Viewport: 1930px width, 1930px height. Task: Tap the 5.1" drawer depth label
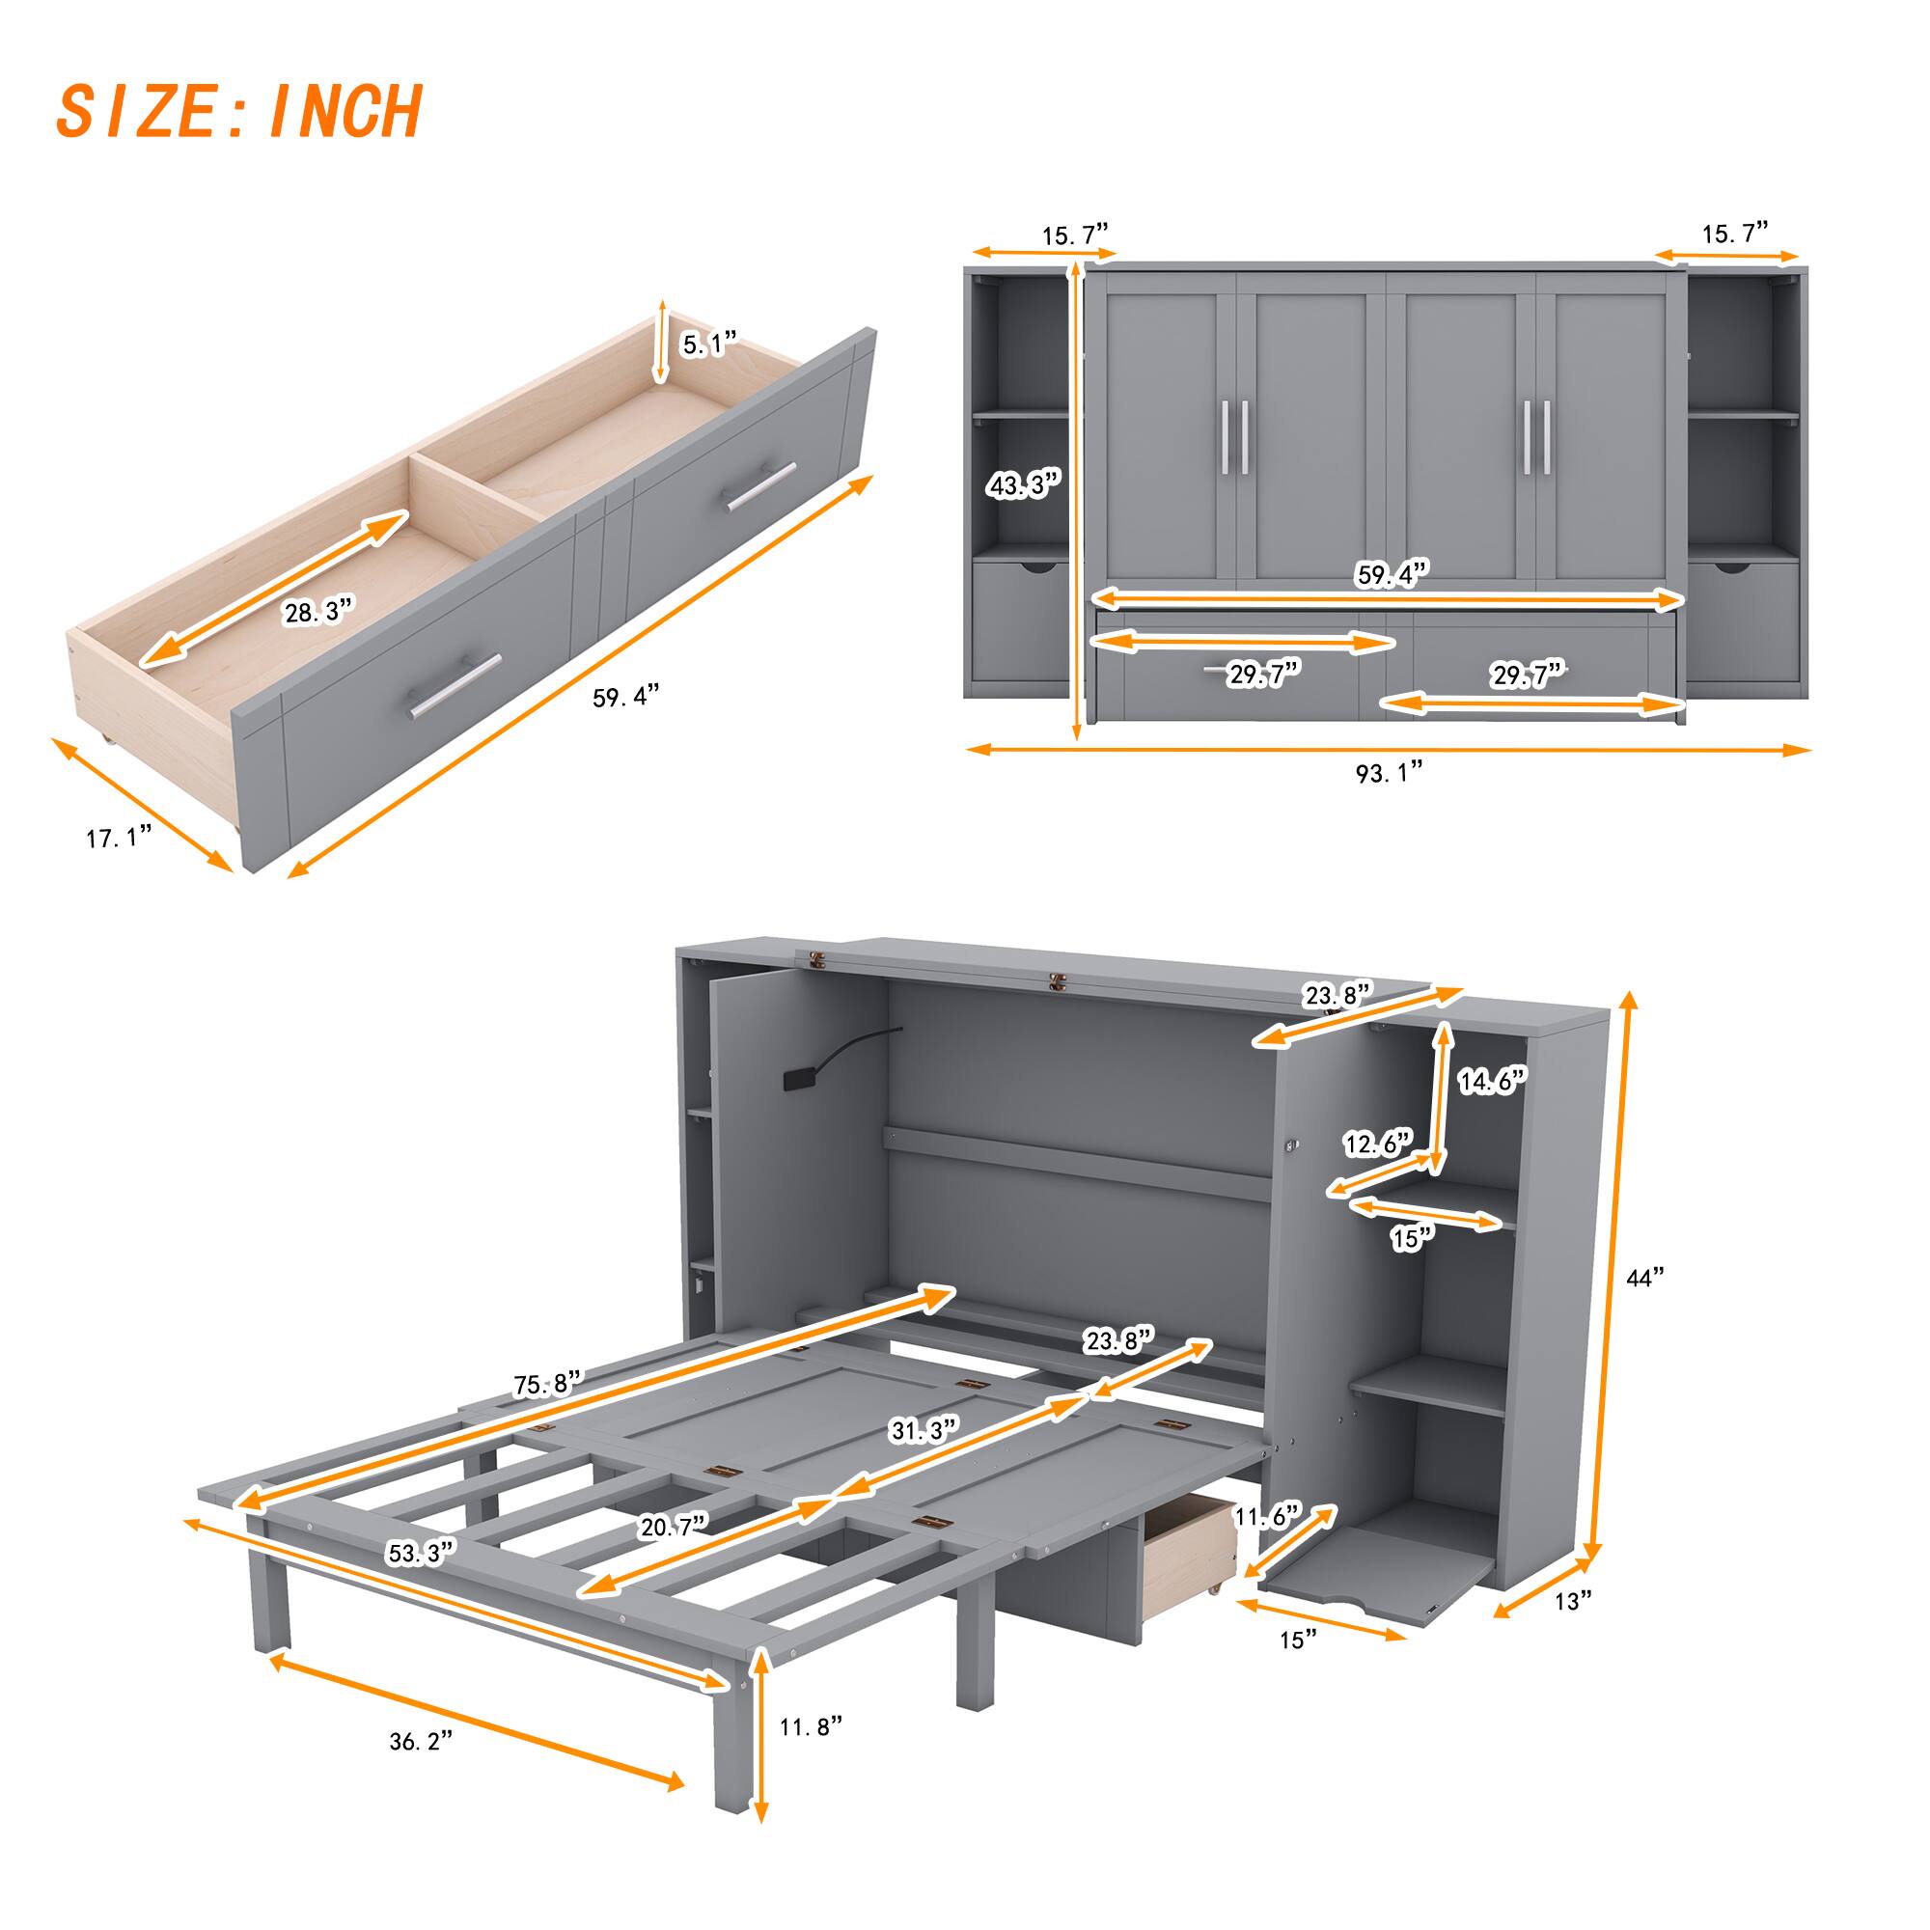coord(708,345)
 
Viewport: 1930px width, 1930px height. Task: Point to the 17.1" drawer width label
coord(119,837)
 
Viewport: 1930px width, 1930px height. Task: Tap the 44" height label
coord(1644,1278)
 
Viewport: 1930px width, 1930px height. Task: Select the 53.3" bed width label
coord(421,1554)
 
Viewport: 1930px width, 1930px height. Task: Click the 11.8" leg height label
coord(811,1726)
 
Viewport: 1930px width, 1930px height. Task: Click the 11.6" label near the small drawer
coord(1267,1515)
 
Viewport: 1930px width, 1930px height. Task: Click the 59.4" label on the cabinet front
coord(1392,574)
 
